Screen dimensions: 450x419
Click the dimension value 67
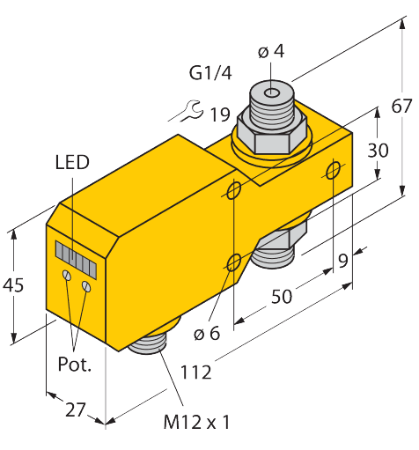click(401, 107)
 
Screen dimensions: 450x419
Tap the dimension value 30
click(378, 151)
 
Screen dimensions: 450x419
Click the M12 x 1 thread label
click(196, 423)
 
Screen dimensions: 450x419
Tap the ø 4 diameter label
click(272, 51)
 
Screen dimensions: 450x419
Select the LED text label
click(71, 163)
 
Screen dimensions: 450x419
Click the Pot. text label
click(75, 364)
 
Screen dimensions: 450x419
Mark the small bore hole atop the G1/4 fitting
click(274, 92)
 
